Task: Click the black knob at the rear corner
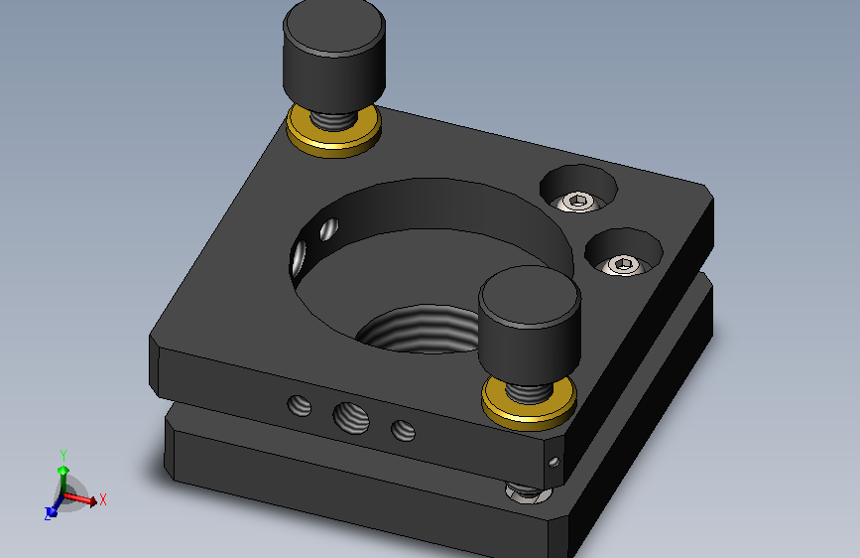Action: click(x=334, y=55)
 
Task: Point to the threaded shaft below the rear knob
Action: click(x=333, y=119)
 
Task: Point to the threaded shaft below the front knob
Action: click(x=529, y=392)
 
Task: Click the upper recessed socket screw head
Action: click(x=578, y=201)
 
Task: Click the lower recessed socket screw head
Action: click(x=623, y=265)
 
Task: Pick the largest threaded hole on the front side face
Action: click(x=351, y=417)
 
